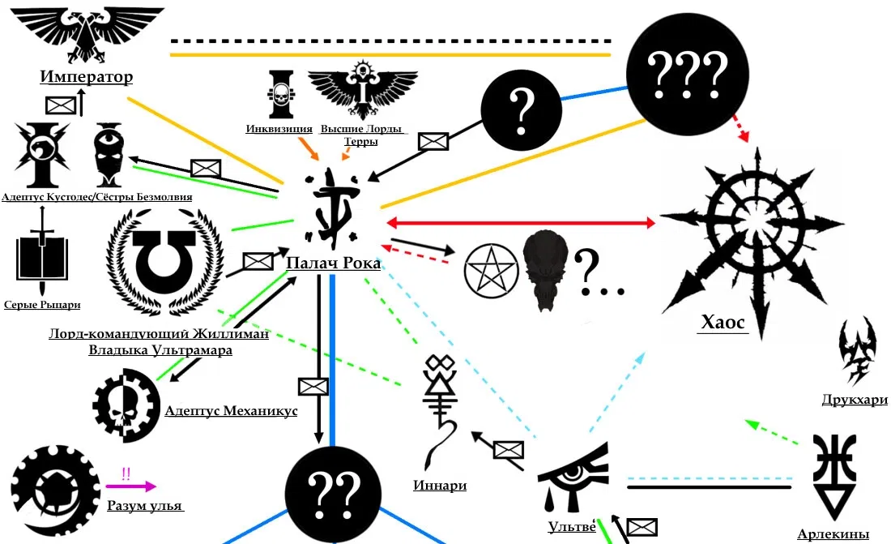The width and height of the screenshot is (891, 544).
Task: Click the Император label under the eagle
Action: coord(86,77)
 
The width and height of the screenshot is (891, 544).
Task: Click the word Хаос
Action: coord(722,322)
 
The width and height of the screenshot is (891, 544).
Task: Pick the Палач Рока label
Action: coord(333,263)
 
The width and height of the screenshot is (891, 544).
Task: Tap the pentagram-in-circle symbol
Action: coord(490,269)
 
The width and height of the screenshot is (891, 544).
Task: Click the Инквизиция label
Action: coord(279,129)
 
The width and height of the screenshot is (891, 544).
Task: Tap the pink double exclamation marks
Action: coord(126,473)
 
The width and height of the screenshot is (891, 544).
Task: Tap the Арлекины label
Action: coord(833,533)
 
